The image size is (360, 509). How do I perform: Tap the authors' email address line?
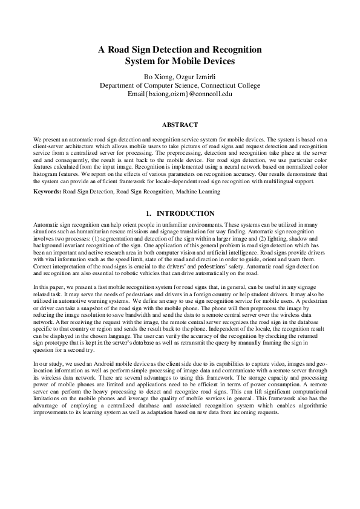180,94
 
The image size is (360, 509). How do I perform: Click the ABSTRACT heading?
180,125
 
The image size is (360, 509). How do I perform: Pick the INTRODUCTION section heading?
185,213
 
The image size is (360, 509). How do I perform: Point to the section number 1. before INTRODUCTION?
149,213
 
